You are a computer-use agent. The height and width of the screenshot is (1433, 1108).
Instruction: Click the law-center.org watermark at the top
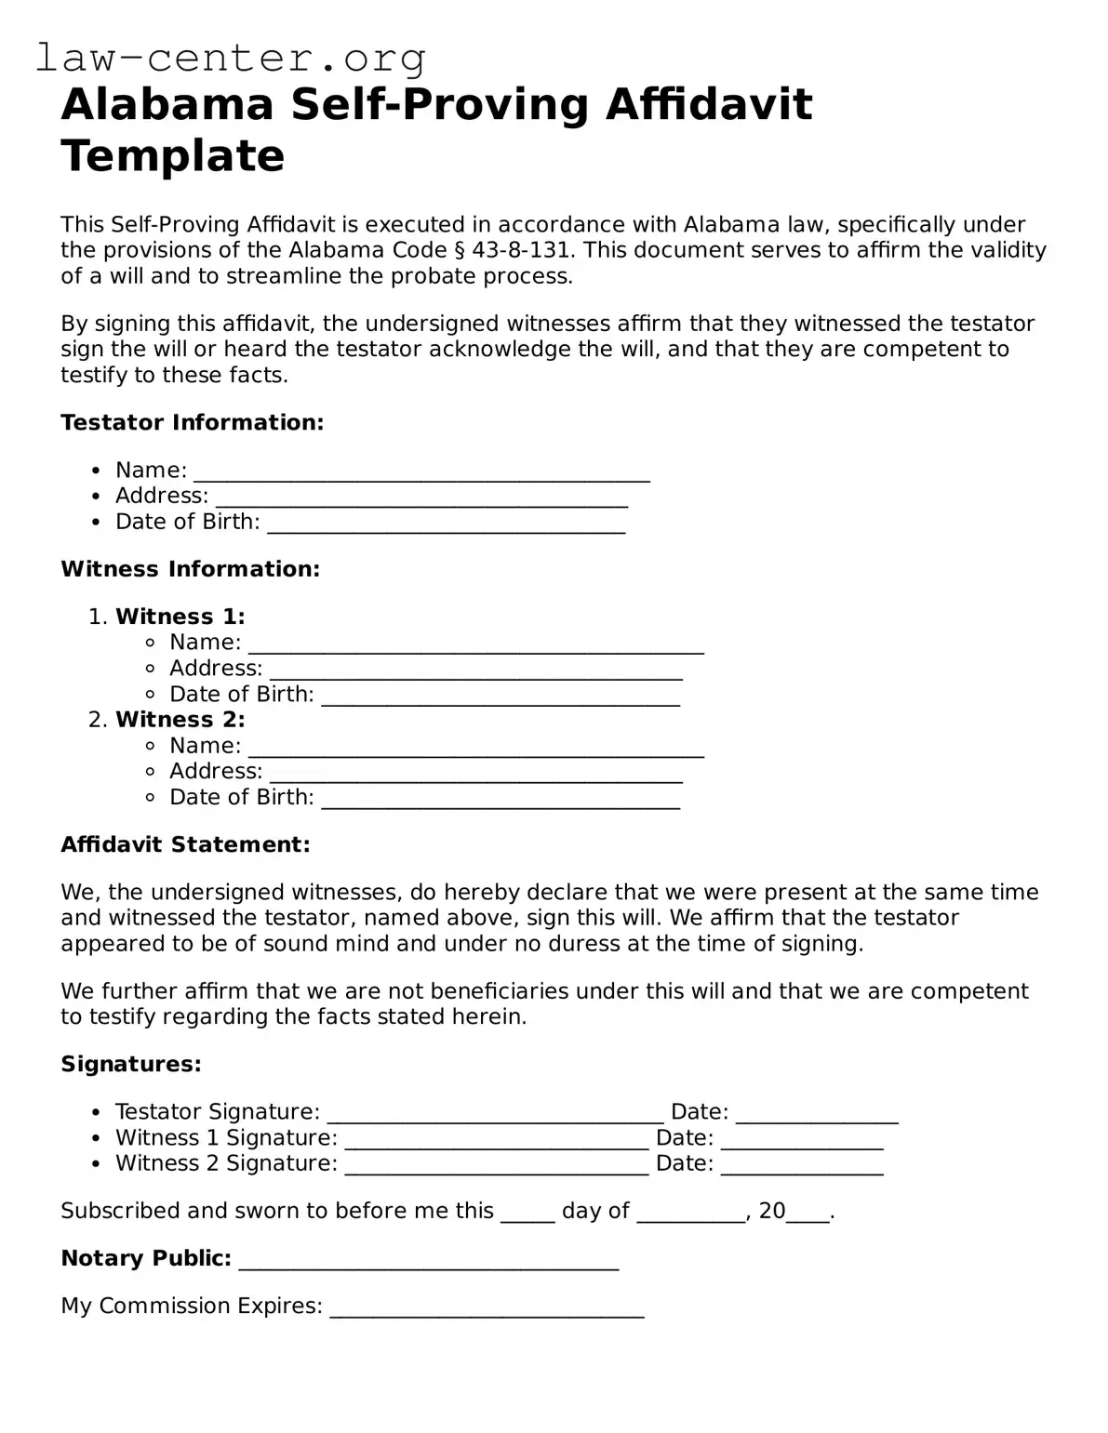click(x=231, y=58)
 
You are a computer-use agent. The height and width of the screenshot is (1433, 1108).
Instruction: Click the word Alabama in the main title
click(x=167, y=104)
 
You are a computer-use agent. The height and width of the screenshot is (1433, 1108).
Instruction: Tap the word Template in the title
click(x=172, y=155)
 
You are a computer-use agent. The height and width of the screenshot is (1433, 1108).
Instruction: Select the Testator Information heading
click(x=192, y=422)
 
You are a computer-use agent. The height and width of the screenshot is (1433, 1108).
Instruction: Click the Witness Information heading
click(x=190, y=569)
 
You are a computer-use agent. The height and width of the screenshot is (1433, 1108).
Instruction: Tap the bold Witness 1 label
click(x=180, y=617)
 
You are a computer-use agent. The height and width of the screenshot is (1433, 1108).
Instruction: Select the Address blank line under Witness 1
click(x=475, y=670)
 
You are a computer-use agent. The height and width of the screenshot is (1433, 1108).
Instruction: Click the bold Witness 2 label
click(x=180, y=720)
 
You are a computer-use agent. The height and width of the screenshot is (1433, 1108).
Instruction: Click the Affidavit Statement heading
click(x=185, y=844)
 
